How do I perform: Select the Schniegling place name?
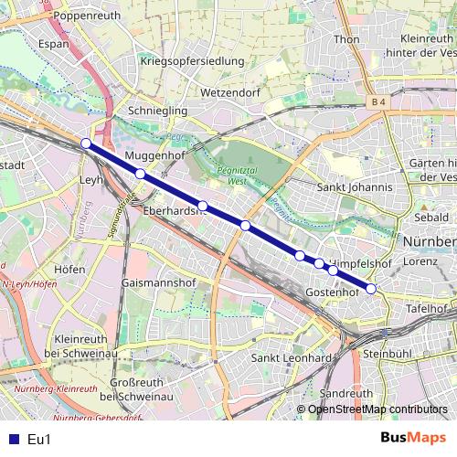[156, 109]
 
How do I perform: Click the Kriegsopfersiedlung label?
[193, 61]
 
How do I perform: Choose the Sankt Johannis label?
[354, 187]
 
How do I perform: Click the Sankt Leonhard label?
[290, 357]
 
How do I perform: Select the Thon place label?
[347, 39]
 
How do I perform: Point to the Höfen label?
[69, 270]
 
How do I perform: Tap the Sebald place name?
[431, 218]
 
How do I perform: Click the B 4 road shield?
[380, 101]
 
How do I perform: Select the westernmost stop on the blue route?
[86, 143]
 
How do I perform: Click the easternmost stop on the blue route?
[371, 289]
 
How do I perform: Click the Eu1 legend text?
[39, 440]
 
